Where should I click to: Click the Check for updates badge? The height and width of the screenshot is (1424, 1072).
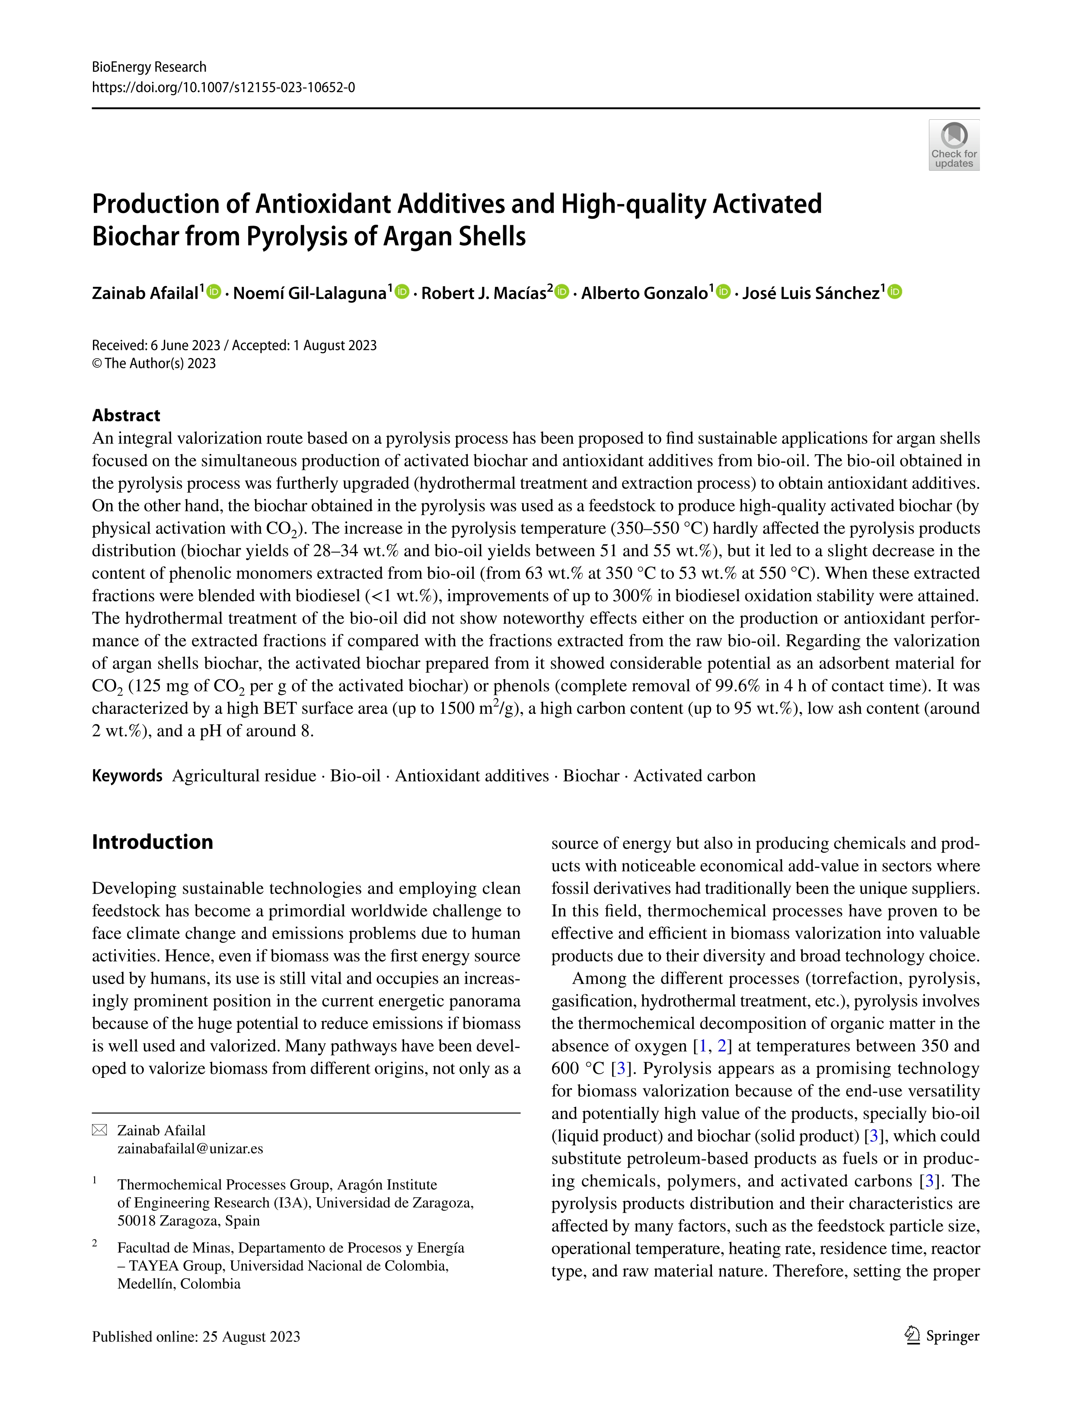(954, 145)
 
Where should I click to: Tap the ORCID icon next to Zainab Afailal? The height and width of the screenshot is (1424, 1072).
(214, 292)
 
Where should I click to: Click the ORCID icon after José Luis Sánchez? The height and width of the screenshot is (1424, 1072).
(894, 292)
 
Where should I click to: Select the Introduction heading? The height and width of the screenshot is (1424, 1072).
(152, 842)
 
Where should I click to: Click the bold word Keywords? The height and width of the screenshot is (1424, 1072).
(127, 776)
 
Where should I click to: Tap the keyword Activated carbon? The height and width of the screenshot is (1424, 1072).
(694, 776)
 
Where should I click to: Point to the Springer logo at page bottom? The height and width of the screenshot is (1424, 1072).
(941, 1336)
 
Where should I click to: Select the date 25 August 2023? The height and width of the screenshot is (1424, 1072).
(251, 1337)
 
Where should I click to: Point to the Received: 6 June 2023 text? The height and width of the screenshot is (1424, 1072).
(156, 346)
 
